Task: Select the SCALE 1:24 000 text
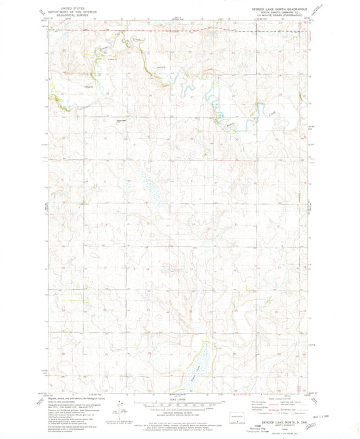point(180,399)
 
